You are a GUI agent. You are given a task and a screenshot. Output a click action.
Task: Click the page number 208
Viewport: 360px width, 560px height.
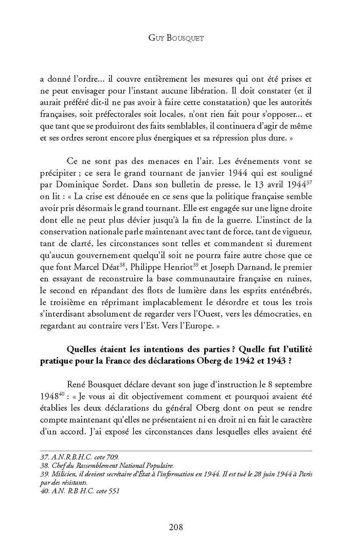click(179, 527)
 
